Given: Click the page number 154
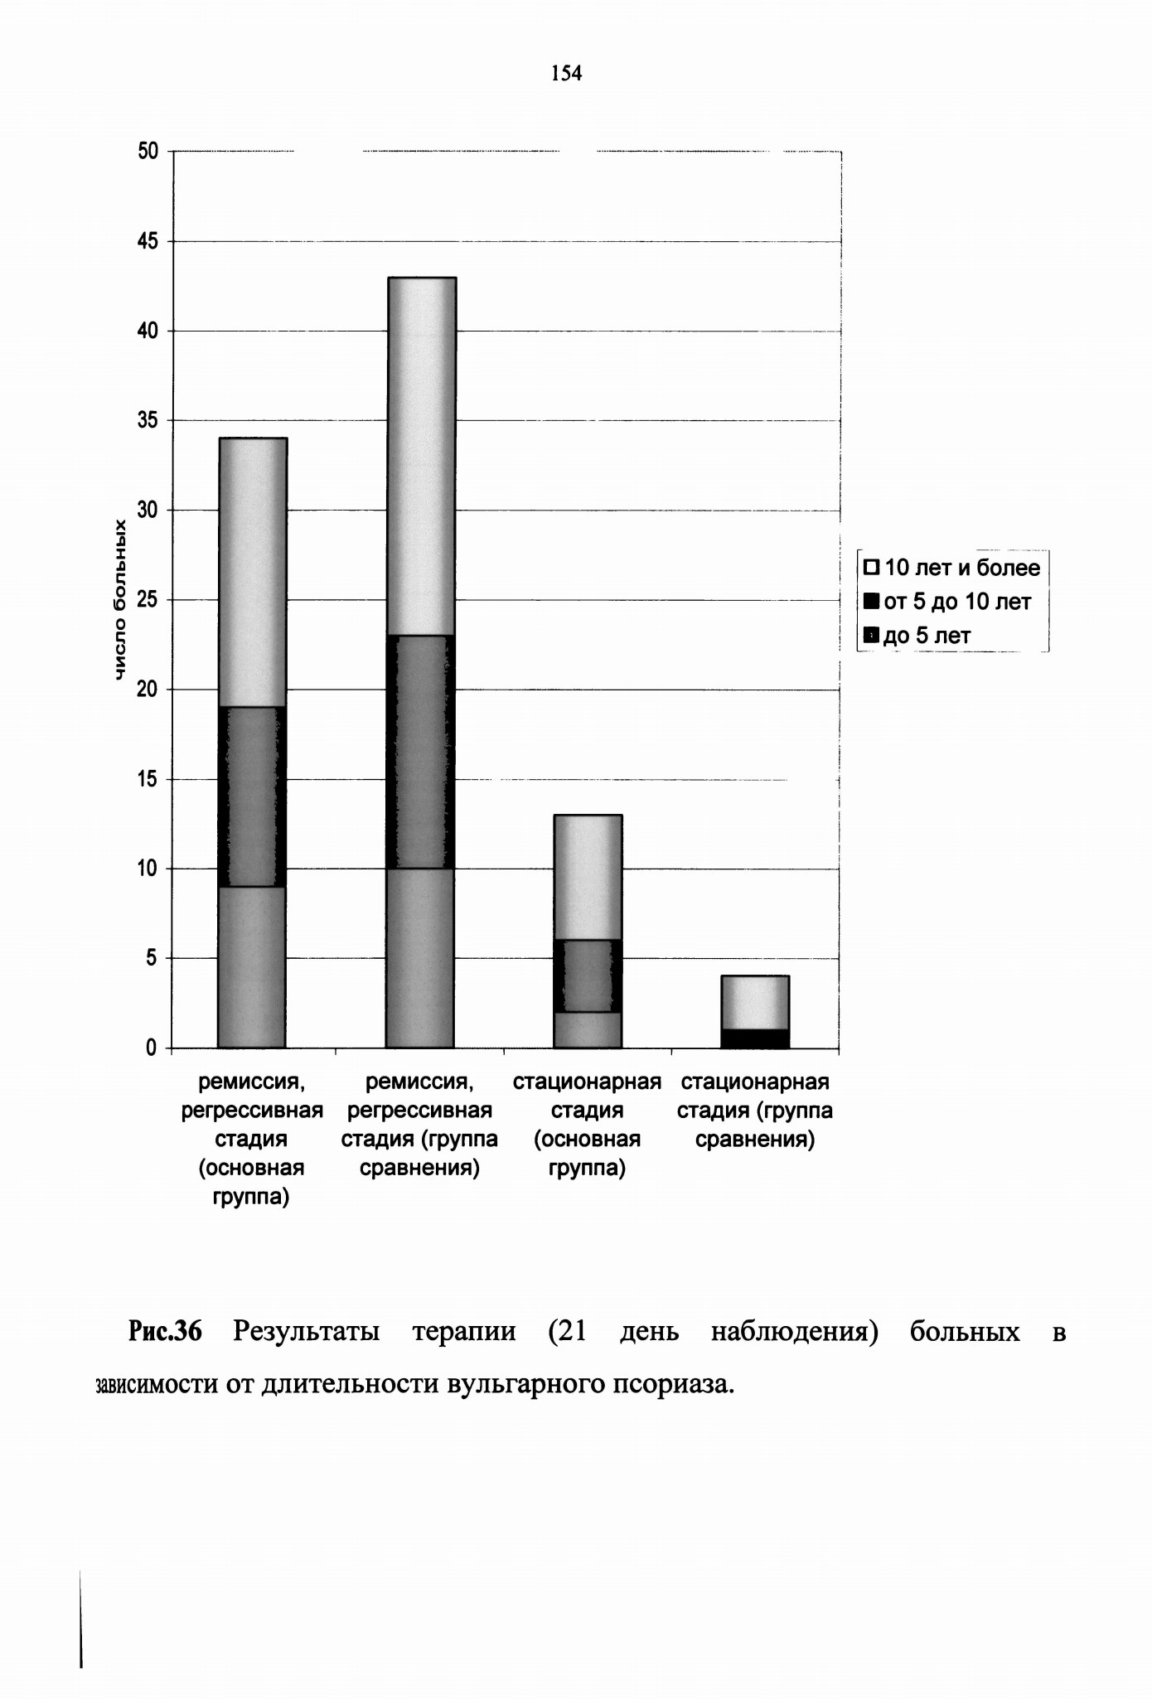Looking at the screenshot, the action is point(567,74).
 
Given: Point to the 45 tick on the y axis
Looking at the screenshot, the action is point(148,241).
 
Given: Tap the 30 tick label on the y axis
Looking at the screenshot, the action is point(148,511).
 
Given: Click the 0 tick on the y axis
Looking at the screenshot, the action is point(151,1048).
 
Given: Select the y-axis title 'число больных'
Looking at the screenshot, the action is point(121,601).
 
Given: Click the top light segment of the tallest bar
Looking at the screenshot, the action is point(420,457).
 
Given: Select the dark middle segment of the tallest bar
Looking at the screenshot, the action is point(420,753).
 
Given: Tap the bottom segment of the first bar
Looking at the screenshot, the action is point(252,967).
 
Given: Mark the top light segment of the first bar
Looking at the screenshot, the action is point(252,573).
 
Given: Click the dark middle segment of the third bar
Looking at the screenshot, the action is point(588,976).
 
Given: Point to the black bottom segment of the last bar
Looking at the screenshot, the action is point(755,1039).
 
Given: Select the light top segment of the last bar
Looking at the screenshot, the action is point(755,1003).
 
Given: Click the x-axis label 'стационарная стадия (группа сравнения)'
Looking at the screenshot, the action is point(755,1111).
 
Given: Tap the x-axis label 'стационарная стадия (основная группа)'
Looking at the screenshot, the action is point(587,1125).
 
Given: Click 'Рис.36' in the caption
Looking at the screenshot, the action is point(165,1332).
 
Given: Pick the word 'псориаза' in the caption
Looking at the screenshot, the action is point(673,1385).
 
